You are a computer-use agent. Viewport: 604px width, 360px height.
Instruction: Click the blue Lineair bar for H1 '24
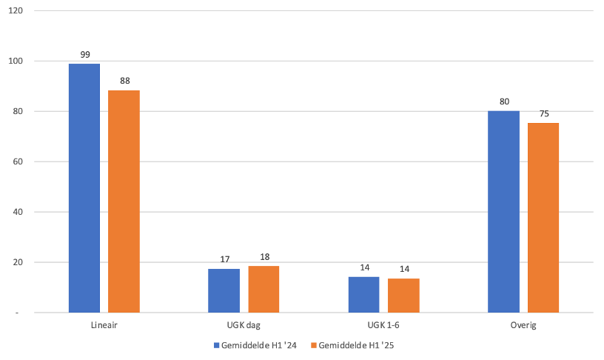tap(84, 188)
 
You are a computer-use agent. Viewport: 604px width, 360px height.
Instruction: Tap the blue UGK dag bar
tap(224, 290)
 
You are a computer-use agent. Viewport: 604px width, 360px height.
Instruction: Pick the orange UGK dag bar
tap(264, 289)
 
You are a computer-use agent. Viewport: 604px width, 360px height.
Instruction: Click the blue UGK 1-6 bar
tap(363, 294)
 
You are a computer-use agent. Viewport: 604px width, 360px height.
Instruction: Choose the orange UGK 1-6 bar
tap(403, 295)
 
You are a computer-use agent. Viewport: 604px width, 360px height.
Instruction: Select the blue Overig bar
tap(503, 212)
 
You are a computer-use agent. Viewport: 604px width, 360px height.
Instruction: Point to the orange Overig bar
tap(543, 218)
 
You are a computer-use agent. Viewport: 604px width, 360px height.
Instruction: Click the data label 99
tap(84, 54)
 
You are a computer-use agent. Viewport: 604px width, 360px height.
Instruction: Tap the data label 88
tap(124, 81)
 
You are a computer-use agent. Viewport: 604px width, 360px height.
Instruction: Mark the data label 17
tap(224, 259)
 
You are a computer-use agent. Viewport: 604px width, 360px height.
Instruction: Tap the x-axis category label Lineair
tap(104, 325)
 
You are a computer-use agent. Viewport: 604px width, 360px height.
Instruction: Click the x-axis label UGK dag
tap(244, 325)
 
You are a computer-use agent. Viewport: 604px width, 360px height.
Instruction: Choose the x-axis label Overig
tap(523, 325)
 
